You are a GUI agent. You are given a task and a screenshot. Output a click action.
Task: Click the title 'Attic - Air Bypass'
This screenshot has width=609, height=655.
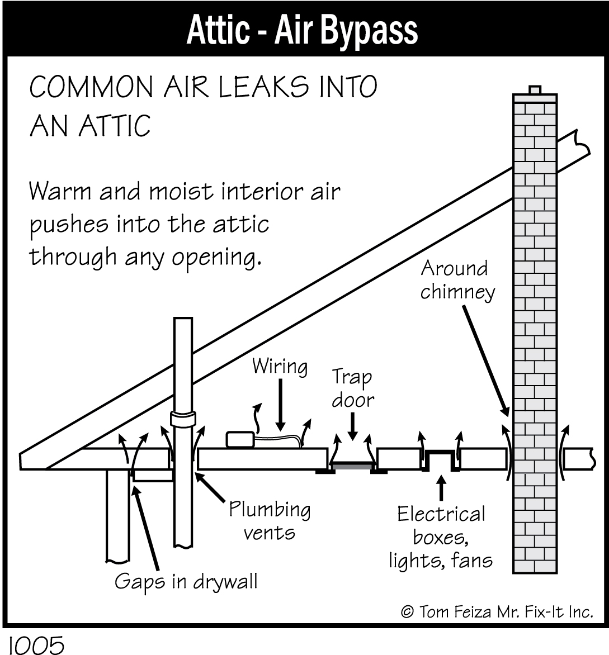[x=302, y=30]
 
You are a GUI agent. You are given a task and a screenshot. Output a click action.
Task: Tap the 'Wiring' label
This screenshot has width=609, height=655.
[x=280, y=367]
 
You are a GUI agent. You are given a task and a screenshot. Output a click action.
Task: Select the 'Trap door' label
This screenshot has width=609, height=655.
[x=353, y=388]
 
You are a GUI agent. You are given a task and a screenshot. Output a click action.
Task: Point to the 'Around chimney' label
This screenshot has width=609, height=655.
[x=457, y=281]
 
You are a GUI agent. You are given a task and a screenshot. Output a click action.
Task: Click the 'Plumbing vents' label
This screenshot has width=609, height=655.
[x=270, y=521]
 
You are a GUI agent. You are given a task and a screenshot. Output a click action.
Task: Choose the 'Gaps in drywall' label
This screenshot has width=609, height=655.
[x=186, y=582]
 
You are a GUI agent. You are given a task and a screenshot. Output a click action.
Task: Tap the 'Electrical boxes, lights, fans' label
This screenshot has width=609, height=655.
[x=441, y=537]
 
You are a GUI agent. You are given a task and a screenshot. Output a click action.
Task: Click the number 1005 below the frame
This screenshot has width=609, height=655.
[x=36, y=644]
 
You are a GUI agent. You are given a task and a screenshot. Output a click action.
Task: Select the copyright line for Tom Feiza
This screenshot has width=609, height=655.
[x=497, y=612]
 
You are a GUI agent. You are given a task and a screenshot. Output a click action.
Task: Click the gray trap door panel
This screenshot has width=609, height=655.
[x=352, y=466]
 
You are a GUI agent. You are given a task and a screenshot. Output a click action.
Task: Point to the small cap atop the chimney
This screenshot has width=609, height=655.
[x=535, y=90]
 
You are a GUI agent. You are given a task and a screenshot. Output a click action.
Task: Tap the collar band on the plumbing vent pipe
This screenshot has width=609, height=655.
[x=183, y=419]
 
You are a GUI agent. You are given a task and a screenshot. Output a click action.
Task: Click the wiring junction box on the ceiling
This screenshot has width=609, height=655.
[x=240, y=439]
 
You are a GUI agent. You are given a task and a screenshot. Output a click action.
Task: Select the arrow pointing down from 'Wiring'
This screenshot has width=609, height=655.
[x=281, y=405]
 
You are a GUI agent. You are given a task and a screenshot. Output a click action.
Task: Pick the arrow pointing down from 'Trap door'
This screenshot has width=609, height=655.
[x=353, y=426]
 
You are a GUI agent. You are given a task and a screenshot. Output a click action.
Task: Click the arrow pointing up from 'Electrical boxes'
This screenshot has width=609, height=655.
[x=441, y=487]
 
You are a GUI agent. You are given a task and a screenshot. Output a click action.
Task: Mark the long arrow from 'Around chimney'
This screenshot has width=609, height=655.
[x=486, y=362]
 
